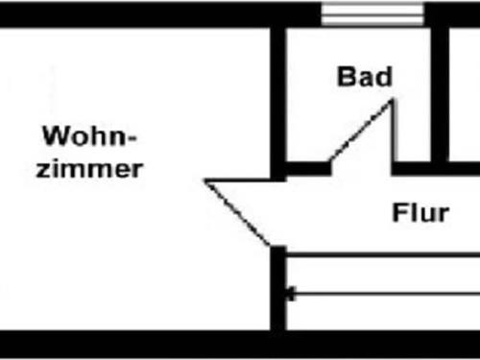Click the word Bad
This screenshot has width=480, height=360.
click(365, 77)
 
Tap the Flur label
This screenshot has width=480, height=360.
click(420, 212)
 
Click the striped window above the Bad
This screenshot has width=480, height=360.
click(371, 13)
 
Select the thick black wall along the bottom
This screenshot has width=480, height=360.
click(240, 344)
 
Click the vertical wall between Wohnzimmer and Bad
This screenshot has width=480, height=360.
click(279, 96)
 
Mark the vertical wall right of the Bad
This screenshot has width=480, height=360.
click(441, 91)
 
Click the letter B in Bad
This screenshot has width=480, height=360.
click(346, 77)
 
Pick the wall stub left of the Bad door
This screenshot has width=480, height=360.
click(307, 169)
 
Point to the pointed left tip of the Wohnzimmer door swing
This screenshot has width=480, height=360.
click(207, 180)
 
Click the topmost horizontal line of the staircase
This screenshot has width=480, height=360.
click(384, 254)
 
